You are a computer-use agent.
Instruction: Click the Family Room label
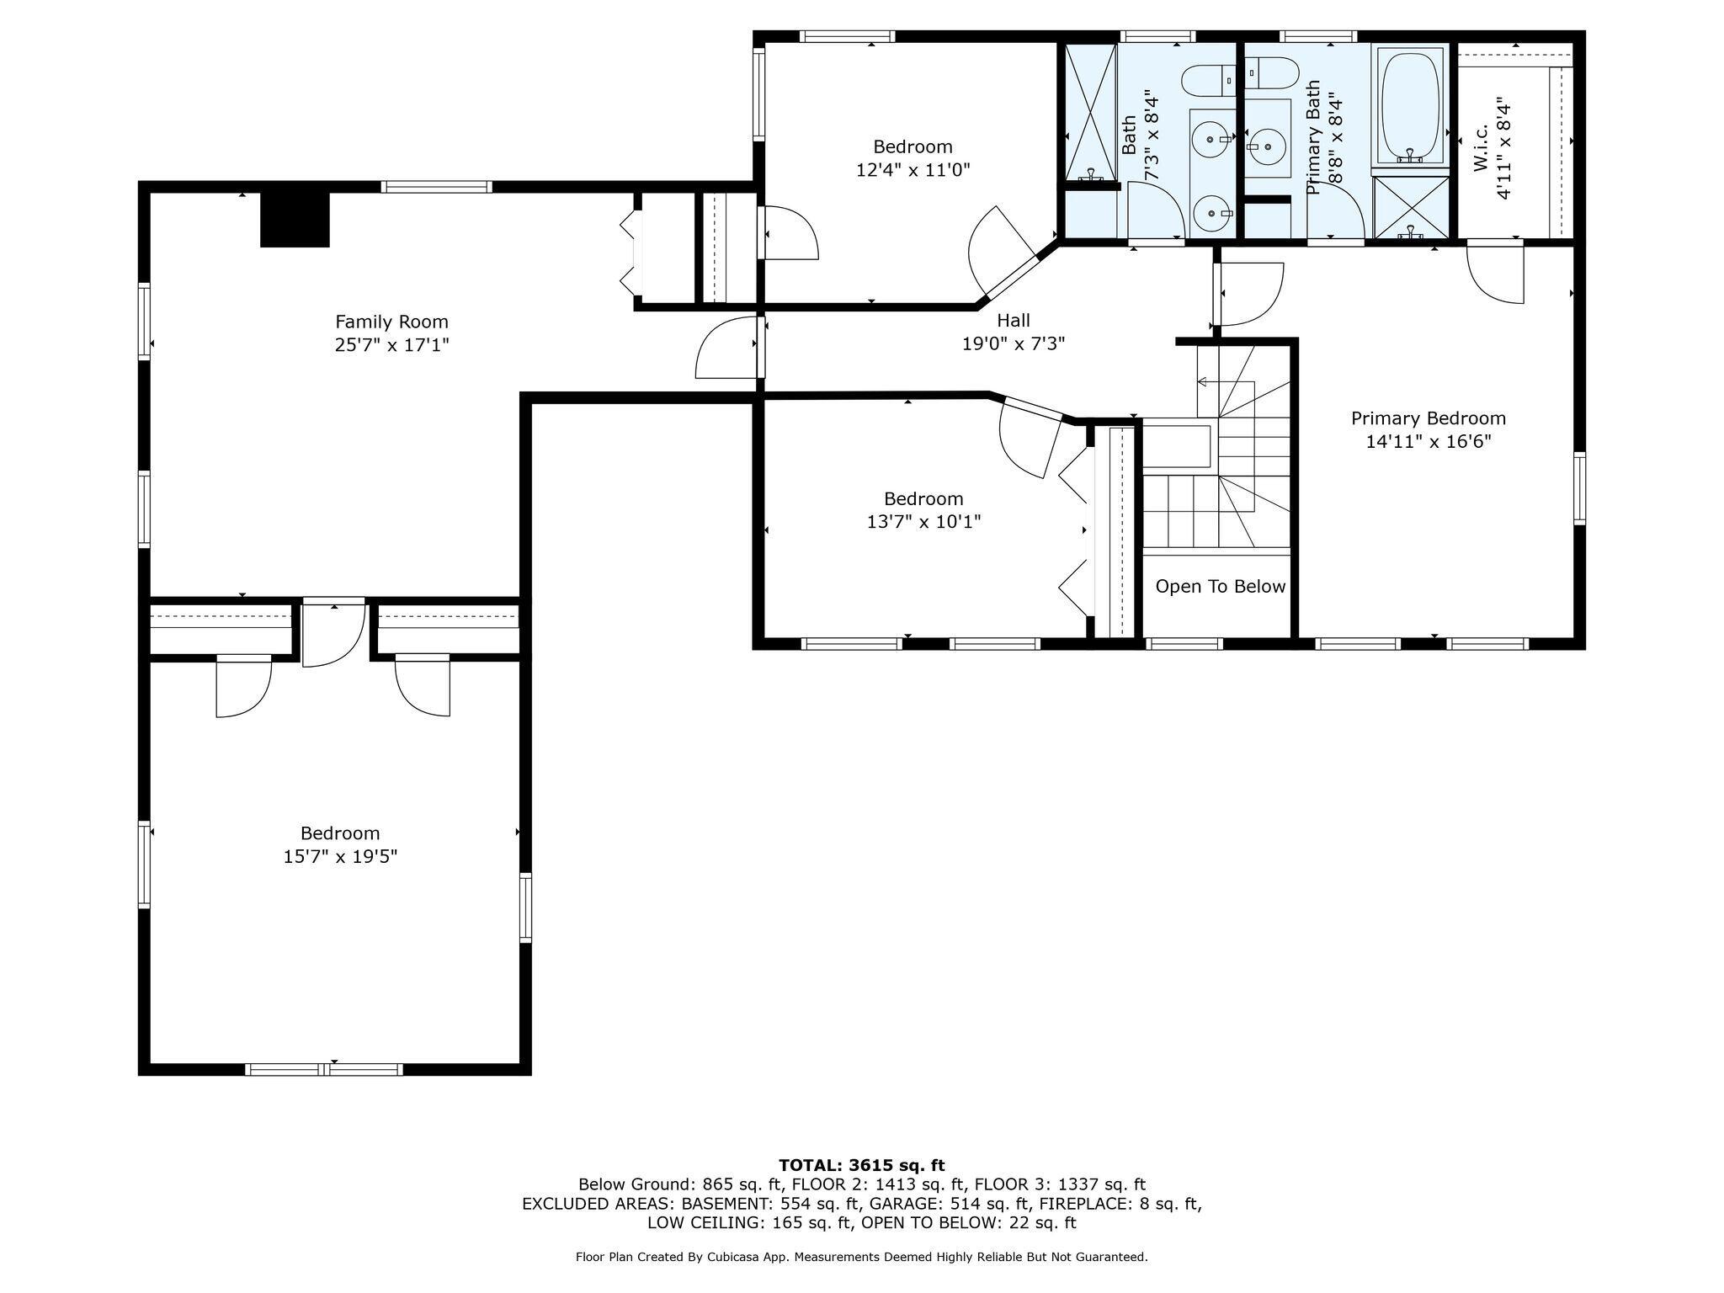(391, 322)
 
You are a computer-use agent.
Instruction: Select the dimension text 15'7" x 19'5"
(340, 857)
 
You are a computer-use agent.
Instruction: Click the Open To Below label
(1221, 587)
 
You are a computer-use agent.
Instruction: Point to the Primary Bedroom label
(1429, 418)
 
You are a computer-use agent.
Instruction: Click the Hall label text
(1014, 321)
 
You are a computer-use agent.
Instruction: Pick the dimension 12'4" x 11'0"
(913, 170)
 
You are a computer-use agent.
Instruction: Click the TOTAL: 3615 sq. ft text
(862, 1166)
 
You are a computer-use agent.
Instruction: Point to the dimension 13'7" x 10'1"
(924, 522)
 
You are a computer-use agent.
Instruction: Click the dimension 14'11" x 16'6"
(1429, 442)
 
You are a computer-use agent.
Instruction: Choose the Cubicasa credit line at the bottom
(862, 1258)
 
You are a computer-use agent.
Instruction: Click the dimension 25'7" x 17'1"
(391, 345)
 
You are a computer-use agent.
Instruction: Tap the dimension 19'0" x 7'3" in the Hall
(1014, 344)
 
